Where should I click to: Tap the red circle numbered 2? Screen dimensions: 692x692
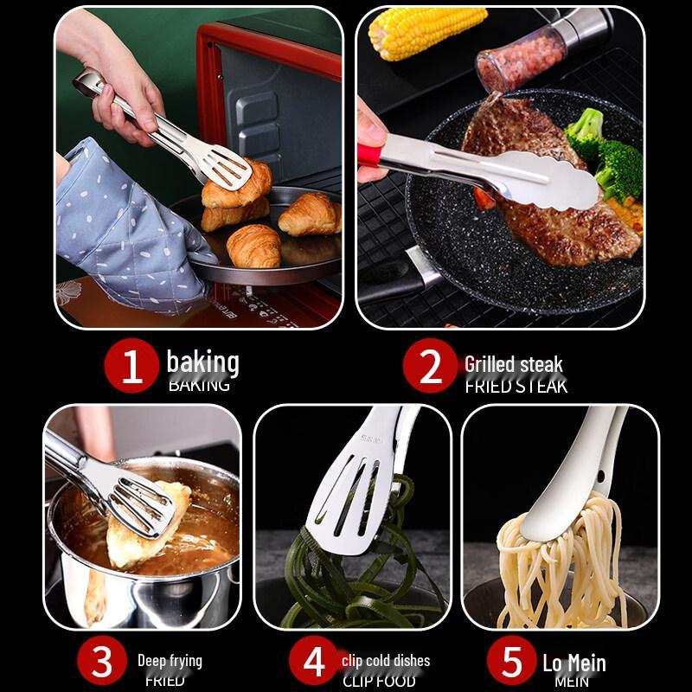coord(430,368)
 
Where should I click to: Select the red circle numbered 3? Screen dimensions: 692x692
coord(102,663)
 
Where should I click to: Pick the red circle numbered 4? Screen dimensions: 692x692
coord(314,663)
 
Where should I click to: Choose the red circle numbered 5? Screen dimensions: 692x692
coord(512,663)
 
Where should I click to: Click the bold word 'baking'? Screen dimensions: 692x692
coord(202,362)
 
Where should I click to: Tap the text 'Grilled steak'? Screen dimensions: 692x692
coord(513,364)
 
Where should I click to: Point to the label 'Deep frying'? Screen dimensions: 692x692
coord(170,661)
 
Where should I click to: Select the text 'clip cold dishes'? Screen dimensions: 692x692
coord(385,661)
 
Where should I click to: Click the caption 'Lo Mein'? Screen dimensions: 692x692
coord(573,663)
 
